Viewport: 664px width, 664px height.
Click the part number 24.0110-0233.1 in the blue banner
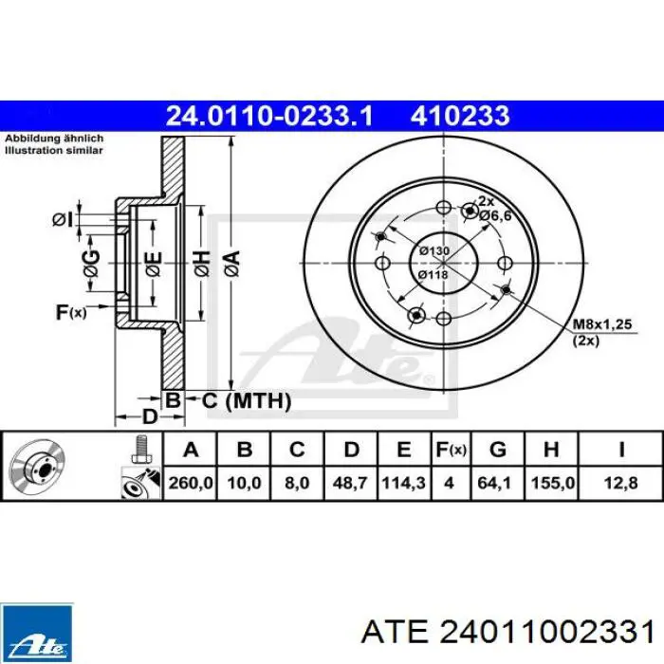[x=268, y=116]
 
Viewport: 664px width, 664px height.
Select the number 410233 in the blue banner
[x=459, y=116]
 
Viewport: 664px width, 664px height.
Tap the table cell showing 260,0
[x=190, y=482]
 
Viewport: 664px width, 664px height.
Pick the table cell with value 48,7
[x=350, y=482]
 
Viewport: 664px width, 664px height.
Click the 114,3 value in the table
[x=403, y=482]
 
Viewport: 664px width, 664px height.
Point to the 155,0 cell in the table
[x=552, y=482]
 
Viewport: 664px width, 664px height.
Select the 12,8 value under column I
[x=620, y=482]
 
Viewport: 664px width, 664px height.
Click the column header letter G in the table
[x=498, y=449]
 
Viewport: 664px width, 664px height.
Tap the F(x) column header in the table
[x=451, y=449]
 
